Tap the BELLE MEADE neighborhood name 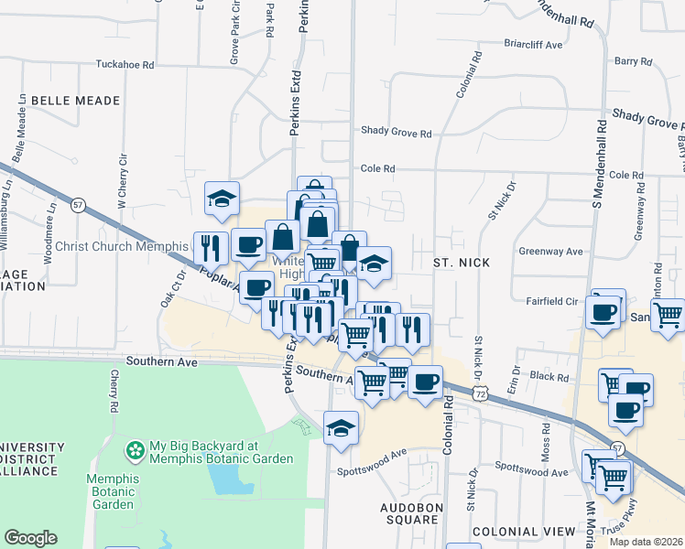(75, 100)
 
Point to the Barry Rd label (633, 62)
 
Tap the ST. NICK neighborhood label (462, 263)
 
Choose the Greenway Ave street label (550, 252)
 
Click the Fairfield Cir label (552, 301)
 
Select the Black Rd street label (549, 376)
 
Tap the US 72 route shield (481, 392)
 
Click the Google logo (30, 538)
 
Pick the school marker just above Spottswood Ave (341, 427)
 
